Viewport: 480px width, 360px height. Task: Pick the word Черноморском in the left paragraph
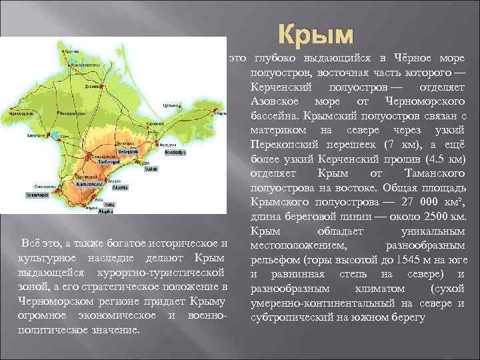50,302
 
